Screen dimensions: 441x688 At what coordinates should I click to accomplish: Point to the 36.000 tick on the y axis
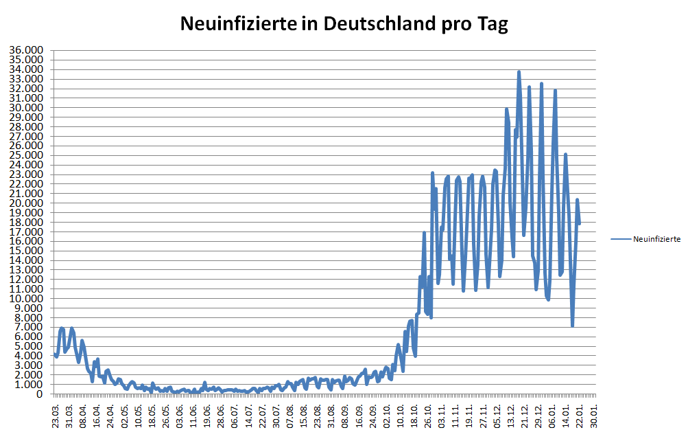(26, 50)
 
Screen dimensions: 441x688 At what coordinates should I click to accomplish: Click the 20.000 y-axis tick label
(26, 203)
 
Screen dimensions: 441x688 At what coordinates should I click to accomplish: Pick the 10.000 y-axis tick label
(26, 299)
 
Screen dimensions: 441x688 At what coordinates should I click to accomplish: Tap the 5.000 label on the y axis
(29, 346)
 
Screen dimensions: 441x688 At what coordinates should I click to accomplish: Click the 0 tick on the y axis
(40, 394)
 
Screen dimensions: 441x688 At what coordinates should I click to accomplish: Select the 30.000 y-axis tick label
(26, 108)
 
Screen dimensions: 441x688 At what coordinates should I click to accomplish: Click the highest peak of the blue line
(519, 71)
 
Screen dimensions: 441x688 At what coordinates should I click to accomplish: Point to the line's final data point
(580, 223)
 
